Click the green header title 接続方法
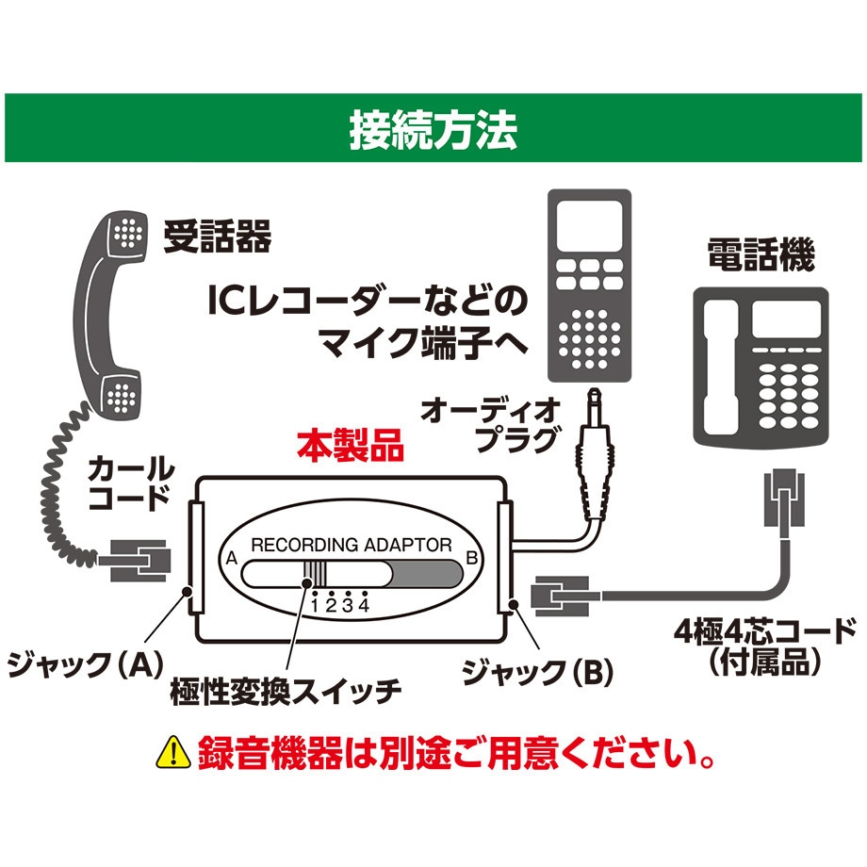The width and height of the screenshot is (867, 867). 433,129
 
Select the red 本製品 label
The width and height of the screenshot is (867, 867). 351,446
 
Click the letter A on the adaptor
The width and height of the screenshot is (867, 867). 229,557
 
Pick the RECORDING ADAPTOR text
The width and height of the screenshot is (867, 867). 351,544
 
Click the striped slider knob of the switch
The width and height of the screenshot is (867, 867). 315,574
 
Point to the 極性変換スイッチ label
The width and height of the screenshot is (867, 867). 286,691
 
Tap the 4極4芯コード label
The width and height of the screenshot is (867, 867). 769,641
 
